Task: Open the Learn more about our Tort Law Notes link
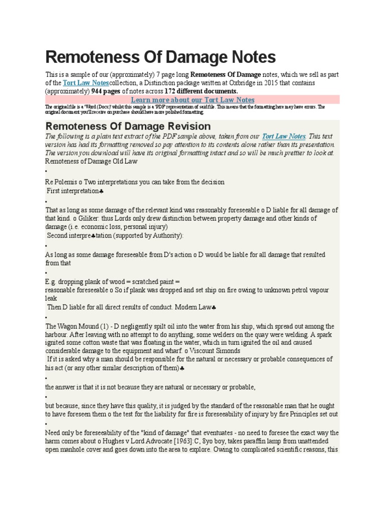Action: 192,100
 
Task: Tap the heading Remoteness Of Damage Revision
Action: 128,126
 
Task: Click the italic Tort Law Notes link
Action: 283,136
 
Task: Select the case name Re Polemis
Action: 63,182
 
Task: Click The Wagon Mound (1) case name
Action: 77,326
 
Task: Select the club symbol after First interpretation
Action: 102,192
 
